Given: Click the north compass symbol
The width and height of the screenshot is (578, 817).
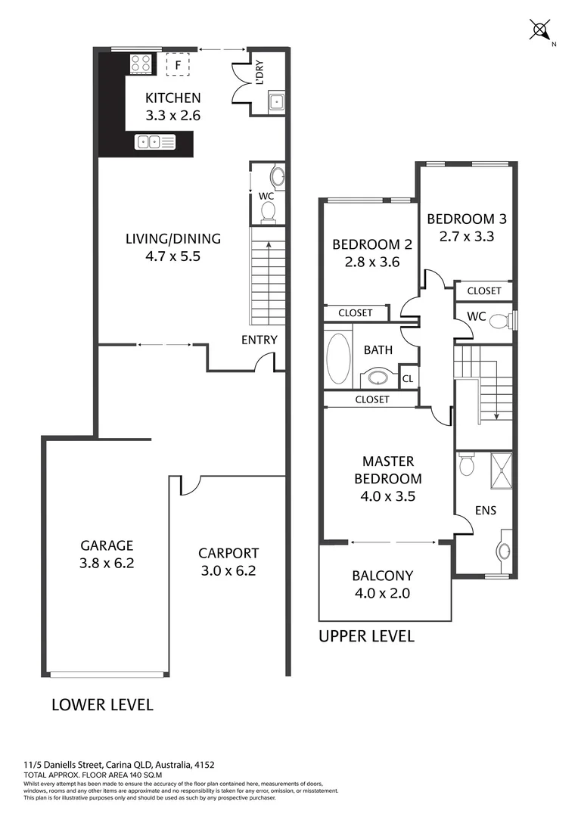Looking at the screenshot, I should pos(540,31).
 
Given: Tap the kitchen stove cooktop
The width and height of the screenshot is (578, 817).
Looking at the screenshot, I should pos(141,63).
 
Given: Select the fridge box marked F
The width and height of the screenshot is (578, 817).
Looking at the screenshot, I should pos(178,66).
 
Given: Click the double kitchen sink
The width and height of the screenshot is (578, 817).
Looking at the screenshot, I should pos(155,141).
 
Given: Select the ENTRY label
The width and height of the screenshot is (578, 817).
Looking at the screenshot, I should pos(259,340).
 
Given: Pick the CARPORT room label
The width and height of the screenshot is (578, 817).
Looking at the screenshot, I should pos(228,553).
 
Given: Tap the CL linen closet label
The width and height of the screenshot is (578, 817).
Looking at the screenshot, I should pos(408,378).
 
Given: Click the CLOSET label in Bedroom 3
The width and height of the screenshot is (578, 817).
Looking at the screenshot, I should pos(483,290).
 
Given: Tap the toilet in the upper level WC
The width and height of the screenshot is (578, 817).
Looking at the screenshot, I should pos(499,322).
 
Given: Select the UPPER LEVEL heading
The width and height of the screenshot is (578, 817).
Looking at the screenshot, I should pos(366,636).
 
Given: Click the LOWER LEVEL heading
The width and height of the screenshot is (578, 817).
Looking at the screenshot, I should pos(102,705).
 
